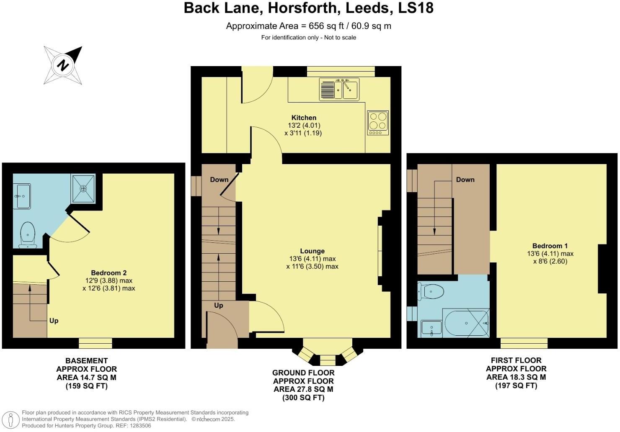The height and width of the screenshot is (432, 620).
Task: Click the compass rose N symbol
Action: pyautogui.click(x=63, y=65)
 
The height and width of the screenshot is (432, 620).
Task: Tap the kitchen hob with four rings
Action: pyautogui.click(x=378, y=123)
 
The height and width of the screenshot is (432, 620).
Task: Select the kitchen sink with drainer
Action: pyautogui.click(x=339, y=89)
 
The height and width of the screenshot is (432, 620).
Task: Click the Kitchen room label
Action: pyautogui.click(x=304, y=118)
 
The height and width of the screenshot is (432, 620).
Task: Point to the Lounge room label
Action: pyautogui.click(x=312, y=251)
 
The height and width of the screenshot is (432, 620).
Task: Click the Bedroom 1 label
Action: pyautogui.click(x=550, y=246)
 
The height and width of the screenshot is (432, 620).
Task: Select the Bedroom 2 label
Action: pyautogui.click(x=109, y=273)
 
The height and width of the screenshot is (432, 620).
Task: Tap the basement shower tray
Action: pyautogui.click(x=83, y=188)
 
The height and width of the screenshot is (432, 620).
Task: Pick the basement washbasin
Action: pyautogui.click(x=22, y=196)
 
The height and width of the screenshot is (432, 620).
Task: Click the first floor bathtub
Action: pyautogui.click(x=466, y=323)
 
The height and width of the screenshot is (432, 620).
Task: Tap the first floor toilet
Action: pyautogui.click(x=431, y=291)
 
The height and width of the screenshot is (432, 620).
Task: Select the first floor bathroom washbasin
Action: pyautogui.click(x=431, y=329)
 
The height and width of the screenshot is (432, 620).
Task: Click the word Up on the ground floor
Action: pyautogui.click(x=218, y=305)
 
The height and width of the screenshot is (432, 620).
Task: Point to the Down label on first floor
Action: pyautogui.click(x=465, y=180)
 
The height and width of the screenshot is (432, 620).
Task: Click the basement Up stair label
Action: pyautogui.click(x=54, y=321)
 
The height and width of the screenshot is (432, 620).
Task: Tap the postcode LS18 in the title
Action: pyautogui.click(x=416, y=8)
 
